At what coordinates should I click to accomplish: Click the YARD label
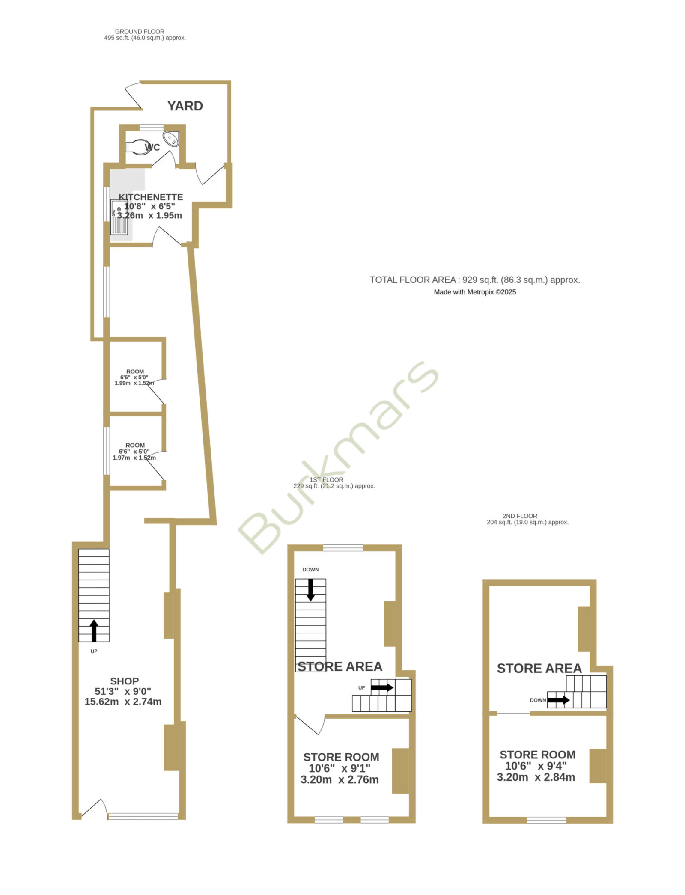185,106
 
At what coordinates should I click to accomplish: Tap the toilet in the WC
137,147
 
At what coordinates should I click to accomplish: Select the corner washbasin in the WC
172,139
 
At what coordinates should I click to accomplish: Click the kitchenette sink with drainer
119,217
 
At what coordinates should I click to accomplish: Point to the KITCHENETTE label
151,197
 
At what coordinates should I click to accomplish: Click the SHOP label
125,681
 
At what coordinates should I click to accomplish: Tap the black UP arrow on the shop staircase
94,630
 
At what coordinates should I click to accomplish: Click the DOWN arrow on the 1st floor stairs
310,590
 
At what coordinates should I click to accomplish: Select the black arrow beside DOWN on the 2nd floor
558,700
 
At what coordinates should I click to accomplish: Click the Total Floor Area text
475,280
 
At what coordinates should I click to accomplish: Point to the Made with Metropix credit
475,292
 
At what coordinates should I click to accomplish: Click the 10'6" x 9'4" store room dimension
536,766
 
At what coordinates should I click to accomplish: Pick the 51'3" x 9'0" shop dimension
123,691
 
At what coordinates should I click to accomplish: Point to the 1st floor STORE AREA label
340,666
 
